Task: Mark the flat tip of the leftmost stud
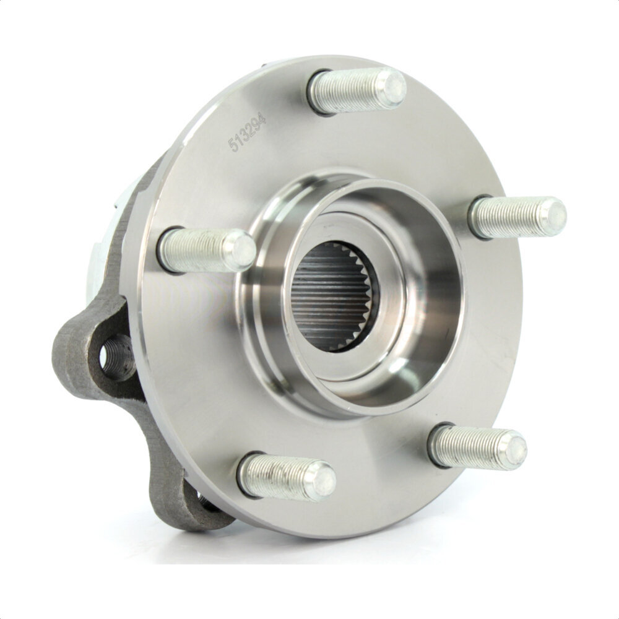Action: pos(241,249)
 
